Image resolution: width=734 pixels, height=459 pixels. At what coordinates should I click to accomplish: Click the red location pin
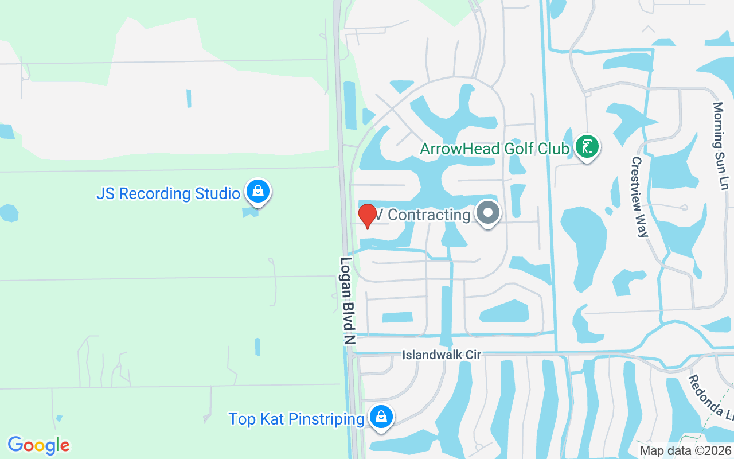coord(367,216)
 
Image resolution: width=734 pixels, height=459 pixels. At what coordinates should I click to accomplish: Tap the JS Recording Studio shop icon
coord(258,192)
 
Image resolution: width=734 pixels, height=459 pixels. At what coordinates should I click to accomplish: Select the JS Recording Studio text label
coord(167,193)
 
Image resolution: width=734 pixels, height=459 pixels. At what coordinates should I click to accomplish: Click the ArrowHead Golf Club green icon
coord(587,147)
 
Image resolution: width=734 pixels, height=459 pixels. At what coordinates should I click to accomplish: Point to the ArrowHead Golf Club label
coord(494,149)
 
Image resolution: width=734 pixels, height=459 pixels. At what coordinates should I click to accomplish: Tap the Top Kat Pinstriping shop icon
coord(381,418)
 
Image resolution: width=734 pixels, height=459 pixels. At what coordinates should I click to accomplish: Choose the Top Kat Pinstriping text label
coord(296,419)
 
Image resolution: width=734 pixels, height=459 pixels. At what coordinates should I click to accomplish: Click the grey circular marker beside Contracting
coord(488,213)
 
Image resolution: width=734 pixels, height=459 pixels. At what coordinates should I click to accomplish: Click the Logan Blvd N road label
coord(348,300)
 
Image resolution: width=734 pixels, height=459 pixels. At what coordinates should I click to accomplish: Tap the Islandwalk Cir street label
coord(441,355)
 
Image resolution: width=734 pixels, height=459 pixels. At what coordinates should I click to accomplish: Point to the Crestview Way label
coord(639,197)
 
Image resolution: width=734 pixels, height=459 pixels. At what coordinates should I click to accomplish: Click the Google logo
coord(38,445)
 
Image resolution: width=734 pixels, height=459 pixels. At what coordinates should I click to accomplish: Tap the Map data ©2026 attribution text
coord(685,450)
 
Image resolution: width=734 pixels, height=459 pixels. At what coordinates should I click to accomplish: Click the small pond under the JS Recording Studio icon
coord(249,212)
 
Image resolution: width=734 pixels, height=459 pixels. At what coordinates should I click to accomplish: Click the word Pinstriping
coord(326,419)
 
